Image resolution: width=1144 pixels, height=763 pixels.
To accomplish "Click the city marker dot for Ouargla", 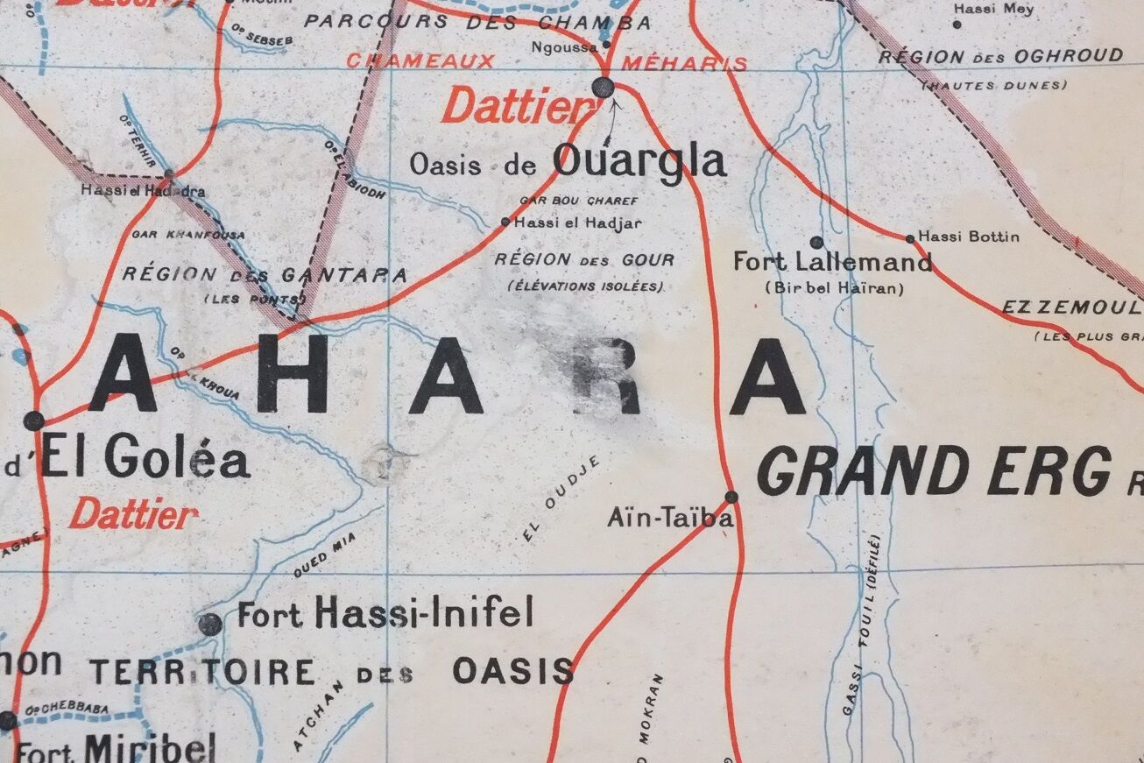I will coord(603,87).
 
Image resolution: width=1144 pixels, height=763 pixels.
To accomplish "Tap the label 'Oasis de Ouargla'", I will coord(568,163).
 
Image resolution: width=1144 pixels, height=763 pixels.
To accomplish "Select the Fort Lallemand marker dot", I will coord(816,242).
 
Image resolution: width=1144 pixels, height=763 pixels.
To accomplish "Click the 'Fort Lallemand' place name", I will coord(832,262).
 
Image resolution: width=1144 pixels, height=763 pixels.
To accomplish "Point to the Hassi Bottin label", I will coord(969,237).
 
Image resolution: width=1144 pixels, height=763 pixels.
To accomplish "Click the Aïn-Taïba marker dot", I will coord(731,497).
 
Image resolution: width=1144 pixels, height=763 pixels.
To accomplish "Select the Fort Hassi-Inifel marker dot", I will coord(209,624).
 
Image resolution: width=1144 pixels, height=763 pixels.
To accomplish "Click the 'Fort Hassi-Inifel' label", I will coord(385,612).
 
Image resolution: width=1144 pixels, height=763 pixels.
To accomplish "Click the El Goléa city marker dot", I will coord(33,420).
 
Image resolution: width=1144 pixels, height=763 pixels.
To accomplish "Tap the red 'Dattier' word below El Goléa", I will coord(133,514).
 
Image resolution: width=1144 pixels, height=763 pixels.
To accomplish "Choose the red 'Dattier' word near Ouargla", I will coord(517,108).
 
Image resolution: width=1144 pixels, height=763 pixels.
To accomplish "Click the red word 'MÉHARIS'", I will coord(685,63).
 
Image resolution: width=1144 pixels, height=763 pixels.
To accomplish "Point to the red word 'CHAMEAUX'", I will coord(420,61).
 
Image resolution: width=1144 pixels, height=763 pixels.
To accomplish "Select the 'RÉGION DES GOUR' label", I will coord(584,260).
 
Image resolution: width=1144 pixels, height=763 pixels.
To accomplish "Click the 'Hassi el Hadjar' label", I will coord(578,223).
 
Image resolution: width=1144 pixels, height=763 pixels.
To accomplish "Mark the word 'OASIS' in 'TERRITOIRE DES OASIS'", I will coord(513,671).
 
